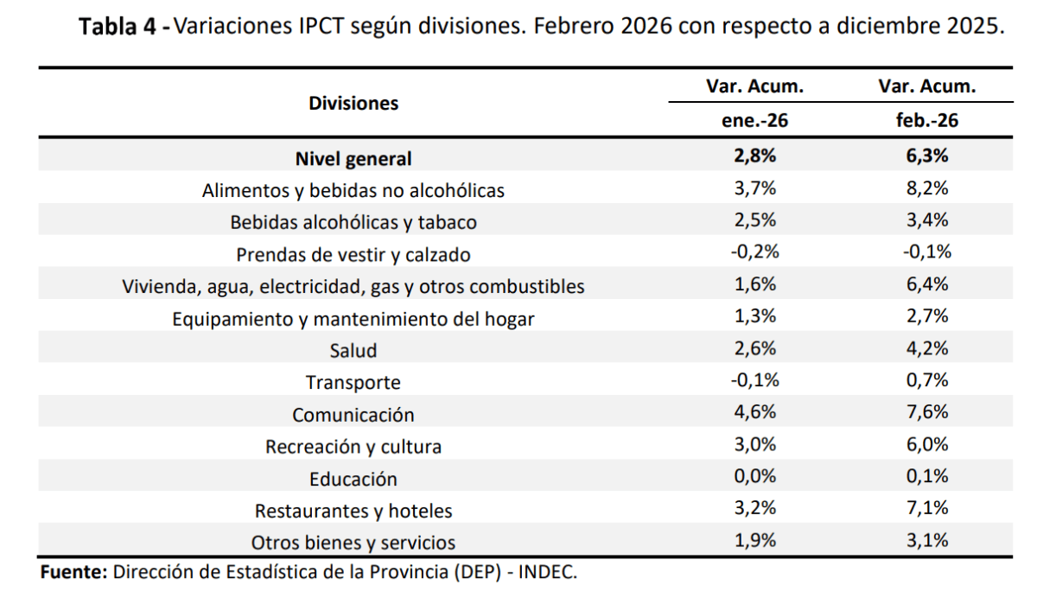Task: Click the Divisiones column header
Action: (353, 104)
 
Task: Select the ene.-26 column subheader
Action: (754, 121)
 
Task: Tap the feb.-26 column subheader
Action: (927, 121)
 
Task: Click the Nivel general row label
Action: (353, 159)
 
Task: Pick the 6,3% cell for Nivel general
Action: (927, 157)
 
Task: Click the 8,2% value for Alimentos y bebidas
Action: (927, 189)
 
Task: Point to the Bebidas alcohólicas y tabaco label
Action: (353, 222)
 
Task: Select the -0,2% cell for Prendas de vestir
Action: (754, 252)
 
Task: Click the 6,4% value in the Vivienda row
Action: (927, 284)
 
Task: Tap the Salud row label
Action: (353, 350)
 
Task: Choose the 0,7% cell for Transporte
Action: (927, 380)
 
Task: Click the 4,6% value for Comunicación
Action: (754, 412)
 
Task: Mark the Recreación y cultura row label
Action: (353, 447)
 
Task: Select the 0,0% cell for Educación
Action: (754, 476)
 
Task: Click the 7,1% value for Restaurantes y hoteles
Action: (927, 508)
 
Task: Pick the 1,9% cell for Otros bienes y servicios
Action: (754, 540)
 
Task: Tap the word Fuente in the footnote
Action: (73, 572)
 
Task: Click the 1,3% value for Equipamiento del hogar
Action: (754, 316)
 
